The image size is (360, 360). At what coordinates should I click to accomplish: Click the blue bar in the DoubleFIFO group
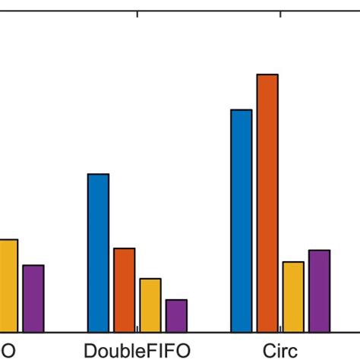click(98, 253)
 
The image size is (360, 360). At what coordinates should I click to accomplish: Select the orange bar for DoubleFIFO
click(125, 289)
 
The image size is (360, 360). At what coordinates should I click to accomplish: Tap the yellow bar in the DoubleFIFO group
click(150, 305)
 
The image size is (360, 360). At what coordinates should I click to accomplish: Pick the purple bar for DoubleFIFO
click(176, 315)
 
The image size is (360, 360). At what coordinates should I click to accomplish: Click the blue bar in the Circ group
click(241, 220)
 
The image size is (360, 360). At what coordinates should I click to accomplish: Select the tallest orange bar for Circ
click(267, 203)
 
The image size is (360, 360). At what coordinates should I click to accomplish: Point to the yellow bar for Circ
click(293, 296)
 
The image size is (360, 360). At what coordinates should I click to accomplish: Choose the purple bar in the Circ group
click(319, 290)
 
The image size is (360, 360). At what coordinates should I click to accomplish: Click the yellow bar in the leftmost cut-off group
click(8, 285)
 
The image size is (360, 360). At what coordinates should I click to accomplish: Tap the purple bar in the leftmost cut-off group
click(33, 298)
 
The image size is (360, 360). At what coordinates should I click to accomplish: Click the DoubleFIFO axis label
click(137, 351)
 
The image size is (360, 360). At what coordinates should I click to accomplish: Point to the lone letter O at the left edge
click(6, 351)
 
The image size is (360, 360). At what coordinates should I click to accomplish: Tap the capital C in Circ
click(267, 351)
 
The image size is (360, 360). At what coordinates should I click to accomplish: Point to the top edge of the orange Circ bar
click(267, 74)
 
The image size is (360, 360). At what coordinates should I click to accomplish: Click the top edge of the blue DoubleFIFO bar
click(98, 175)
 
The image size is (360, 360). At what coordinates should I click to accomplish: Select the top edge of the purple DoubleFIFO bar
click(176, 300)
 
